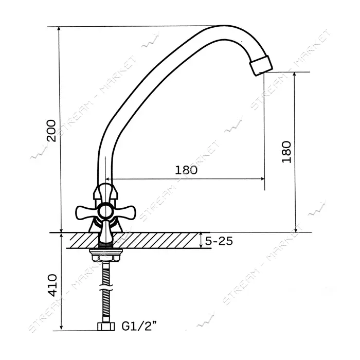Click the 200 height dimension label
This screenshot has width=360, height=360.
pyautogui.click(x=51, y=131)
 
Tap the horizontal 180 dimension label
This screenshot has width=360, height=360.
pyautogui.click(x=186, y=170)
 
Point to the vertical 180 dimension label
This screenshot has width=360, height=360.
pyautogui.click(x=286, y=152)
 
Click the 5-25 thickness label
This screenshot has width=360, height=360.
pyautogui.click(x=219, y=241)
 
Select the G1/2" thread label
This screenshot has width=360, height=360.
pyautogui.click(x=139, y=326)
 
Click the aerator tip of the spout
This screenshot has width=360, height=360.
pyautogui.click(x=261, y=65)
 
